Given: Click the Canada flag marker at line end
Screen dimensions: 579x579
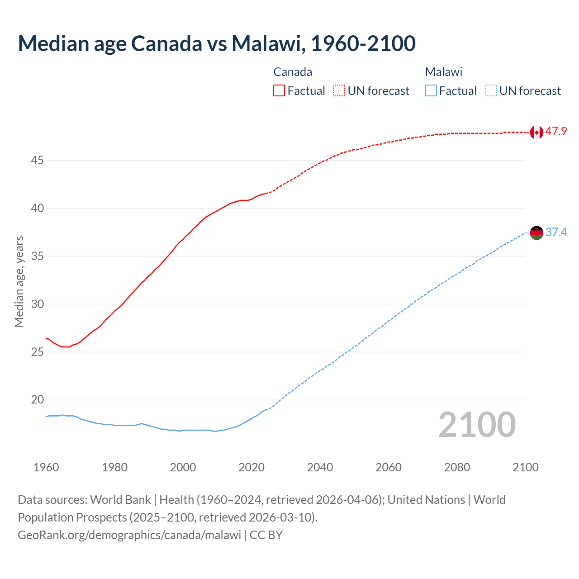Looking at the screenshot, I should click(536, 132).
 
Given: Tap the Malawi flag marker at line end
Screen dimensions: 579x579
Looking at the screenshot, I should click(536, 233).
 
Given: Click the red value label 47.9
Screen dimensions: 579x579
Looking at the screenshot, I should click(556, 132).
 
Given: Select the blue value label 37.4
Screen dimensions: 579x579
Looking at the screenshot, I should click(556, 233).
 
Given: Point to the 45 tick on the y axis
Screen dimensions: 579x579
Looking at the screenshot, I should click(38, 161).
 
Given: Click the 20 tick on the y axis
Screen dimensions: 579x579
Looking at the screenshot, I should click(38, 400).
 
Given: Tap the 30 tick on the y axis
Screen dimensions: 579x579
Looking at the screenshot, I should click(38, 304).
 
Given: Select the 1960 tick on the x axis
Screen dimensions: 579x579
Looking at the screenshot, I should click(46, 467).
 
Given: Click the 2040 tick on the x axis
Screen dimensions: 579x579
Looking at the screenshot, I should click(320, 467).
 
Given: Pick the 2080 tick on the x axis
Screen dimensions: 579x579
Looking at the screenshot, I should click(457, 467).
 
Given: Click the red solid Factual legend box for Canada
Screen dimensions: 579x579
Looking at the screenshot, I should click(279, 90).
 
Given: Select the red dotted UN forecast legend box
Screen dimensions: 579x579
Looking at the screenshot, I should click(339, 90).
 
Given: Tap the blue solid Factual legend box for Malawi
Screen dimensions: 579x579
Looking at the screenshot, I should click(431, 90).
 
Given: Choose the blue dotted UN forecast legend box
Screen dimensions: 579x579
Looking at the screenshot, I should click(491, 90).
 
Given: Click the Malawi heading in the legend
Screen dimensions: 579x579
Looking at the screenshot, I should click(444, 72).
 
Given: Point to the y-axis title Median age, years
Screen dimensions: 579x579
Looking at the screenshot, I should click(19, 281).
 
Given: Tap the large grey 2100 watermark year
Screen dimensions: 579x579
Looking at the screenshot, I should click(477, 425).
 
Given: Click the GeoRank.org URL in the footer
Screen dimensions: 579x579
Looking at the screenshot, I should click(129, 535).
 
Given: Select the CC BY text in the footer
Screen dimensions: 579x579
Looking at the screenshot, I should click(266, 535).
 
